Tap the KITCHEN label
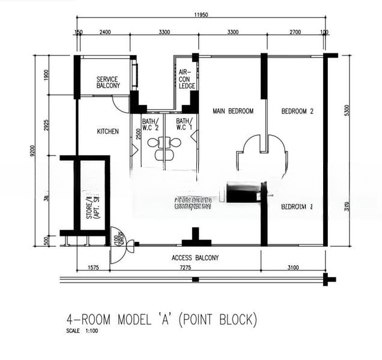pyautogui.click(x=108, y=131)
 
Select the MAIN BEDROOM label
pyautogui.click(x=233, y=111)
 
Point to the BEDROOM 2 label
pyautogui.click(x=298, y=111)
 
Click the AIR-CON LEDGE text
pyautogui.click(x=187, y=79)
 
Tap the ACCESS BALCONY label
pyautogui.click(x=195, y=258)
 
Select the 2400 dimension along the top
pyautogui.click(x=105, y=32)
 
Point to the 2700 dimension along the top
pyautogui.click(x=296, y=32)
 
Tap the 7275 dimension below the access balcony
pyautogui.click(x=185, y=268)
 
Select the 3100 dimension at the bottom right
pyautogui.click(x=293, y=268)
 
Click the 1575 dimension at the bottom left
pyautogui.click(x=93, y=268)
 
